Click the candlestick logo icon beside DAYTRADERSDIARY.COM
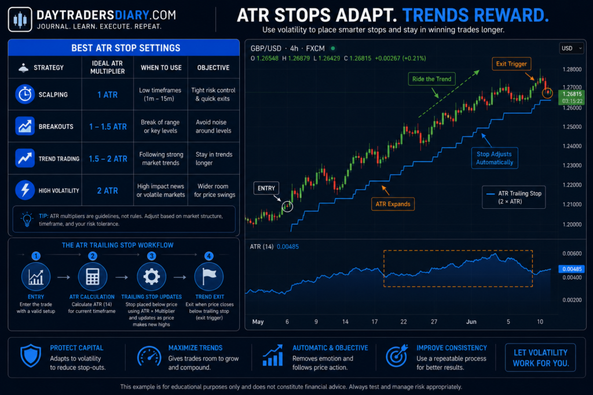20,19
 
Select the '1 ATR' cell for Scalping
107,95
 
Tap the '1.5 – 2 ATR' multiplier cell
108,159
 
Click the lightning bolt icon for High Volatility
25,190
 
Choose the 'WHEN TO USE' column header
161,68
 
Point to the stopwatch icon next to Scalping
25,94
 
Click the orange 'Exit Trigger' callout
511,64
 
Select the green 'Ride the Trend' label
431,79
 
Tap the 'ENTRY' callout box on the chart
266,188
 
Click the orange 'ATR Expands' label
393,204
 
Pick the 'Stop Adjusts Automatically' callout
495,158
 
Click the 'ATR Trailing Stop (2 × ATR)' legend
514,197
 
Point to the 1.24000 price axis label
572,146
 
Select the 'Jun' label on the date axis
471,322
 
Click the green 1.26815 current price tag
572,97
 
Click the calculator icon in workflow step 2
93,277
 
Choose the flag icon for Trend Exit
208,277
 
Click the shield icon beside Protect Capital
31,356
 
